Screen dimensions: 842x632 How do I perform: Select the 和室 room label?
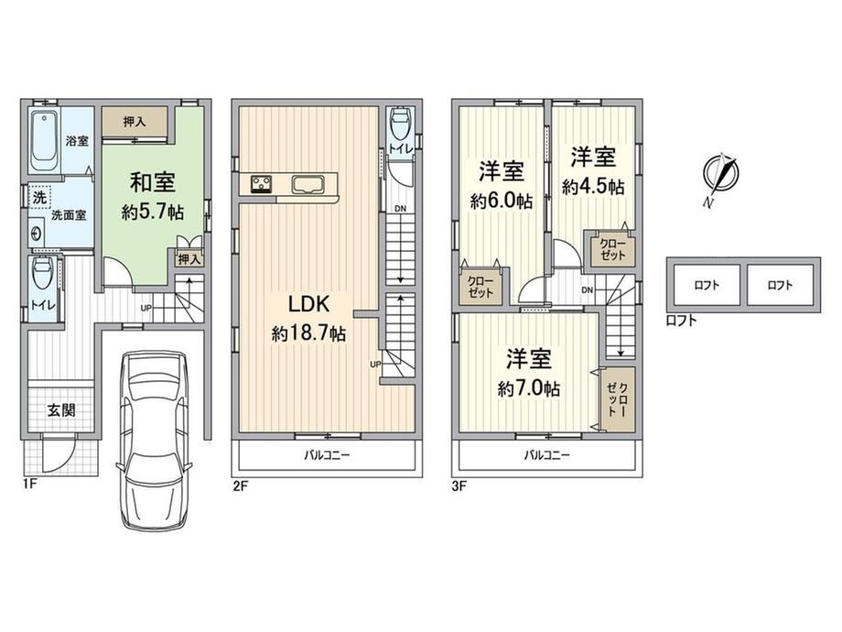153,182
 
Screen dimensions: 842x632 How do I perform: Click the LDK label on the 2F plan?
308,304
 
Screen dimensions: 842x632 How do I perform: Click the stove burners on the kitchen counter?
262,184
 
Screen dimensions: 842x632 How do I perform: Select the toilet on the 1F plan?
42,271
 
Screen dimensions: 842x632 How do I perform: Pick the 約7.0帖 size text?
529,388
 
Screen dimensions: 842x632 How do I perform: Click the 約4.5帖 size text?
593,187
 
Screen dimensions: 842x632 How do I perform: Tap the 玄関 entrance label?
61,410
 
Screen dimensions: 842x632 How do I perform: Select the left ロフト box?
707,285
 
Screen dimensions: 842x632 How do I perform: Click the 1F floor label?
29,484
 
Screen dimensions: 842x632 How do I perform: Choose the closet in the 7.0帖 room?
618,399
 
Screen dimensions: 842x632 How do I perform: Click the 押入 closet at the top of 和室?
135,122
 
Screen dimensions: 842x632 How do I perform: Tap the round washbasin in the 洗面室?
36,234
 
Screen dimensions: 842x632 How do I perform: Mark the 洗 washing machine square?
39,197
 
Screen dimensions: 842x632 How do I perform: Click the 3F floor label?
459,486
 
